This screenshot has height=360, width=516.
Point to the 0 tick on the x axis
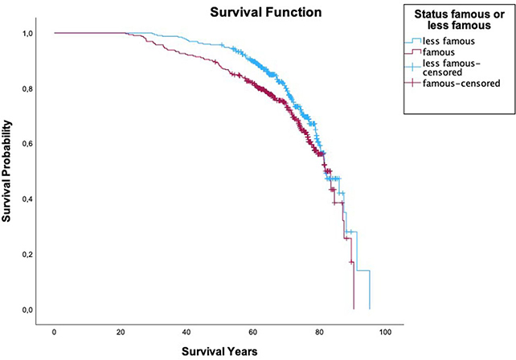pos(54,332)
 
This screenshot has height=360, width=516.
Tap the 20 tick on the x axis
pos(120,332)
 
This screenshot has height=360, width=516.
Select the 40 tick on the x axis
pos(186,332)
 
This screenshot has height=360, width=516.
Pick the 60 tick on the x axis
pos(253,332)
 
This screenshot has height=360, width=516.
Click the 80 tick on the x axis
pos(319,332)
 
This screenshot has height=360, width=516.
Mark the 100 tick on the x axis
pos(386,332)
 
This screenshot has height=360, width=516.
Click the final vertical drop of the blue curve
pos(369,290)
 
